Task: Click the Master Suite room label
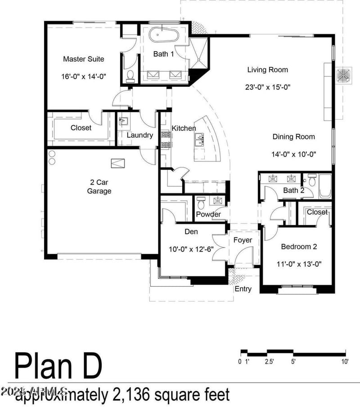coord(83,59)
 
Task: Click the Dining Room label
coord(293,137)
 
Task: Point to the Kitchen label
coord(184,129)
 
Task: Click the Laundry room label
coord(139,135)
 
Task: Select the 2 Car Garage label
coord(99,187)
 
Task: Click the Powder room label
coord(208,214)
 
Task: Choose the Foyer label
coord(243,240)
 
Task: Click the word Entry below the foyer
coord(243,289)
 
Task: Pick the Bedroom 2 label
coord(299,247)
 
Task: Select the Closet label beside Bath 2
coord(317,212)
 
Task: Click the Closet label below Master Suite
coord(81,128)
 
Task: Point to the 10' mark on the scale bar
coord(344,361)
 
